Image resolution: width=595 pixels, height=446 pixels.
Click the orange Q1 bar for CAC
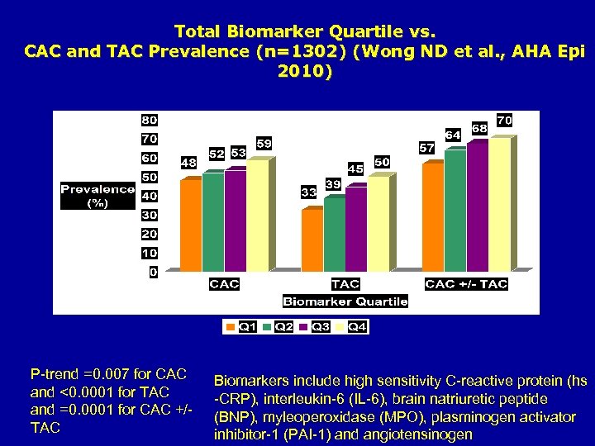[x=189, y=225]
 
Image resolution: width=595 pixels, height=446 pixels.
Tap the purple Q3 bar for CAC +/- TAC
[x=477, y=206]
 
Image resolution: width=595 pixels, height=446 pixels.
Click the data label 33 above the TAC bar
[x=308, y=192]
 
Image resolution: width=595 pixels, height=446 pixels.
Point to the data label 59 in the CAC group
[x=264, y=144]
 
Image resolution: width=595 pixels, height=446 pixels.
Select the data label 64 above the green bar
[x=453, y=134]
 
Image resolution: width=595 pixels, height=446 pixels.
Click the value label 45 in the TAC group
[x=355, y=168]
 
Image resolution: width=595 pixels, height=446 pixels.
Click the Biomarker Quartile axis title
[x=345, y=301]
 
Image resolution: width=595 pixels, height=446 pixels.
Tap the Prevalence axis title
[x=97, y=196]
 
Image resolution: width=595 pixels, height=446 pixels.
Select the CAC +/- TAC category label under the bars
[x=466, y=284]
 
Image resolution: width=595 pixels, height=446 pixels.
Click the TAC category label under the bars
[x=345, y=284]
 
